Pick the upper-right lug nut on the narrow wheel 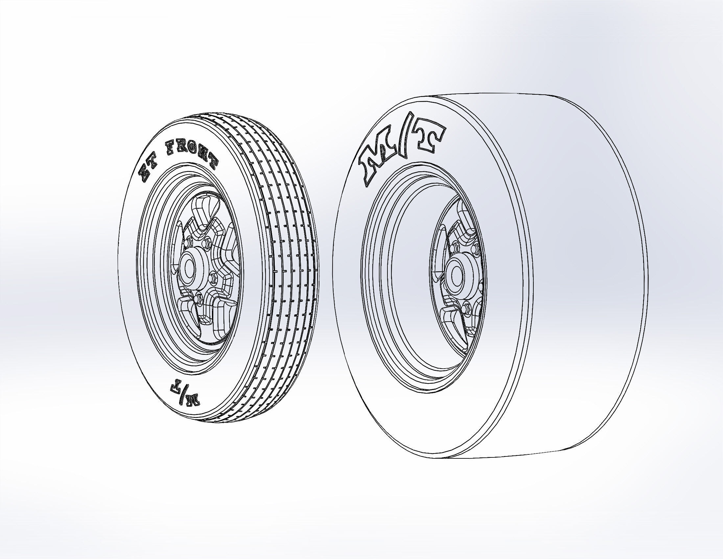[208, 242]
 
